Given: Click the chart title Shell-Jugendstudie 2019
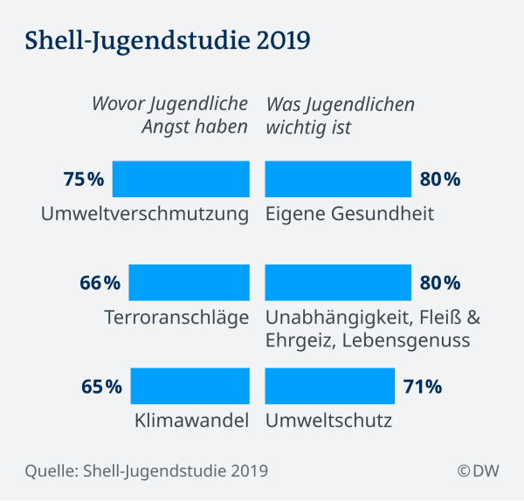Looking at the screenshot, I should point(166,41).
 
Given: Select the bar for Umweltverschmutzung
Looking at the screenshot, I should point(181,179).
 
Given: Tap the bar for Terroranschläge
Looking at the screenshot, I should point(189,282).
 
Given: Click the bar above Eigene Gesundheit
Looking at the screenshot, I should point(338,179).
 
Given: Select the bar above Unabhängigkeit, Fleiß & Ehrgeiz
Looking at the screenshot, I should point(338,282).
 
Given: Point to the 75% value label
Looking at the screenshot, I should point(84,180).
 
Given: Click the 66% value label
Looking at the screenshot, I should point(100,283).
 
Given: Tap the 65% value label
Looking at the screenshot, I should point(101,386).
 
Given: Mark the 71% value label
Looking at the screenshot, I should point(423,386).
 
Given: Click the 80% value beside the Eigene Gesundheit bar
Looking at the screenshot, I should point(439,180).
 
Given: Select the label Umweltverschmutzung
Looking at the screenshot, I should point(145,214).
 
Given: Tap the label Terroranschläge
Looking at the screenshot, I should point(177,317).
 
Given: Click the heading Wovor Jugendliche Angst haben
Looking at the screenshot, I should point(170,116).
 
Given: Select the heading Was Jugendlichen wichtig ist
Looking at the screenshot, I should point(340,116).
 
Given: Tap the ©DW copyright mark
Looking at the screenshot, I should point(478,470).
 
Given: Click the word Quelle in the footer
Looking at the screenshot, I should point(50,471).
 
